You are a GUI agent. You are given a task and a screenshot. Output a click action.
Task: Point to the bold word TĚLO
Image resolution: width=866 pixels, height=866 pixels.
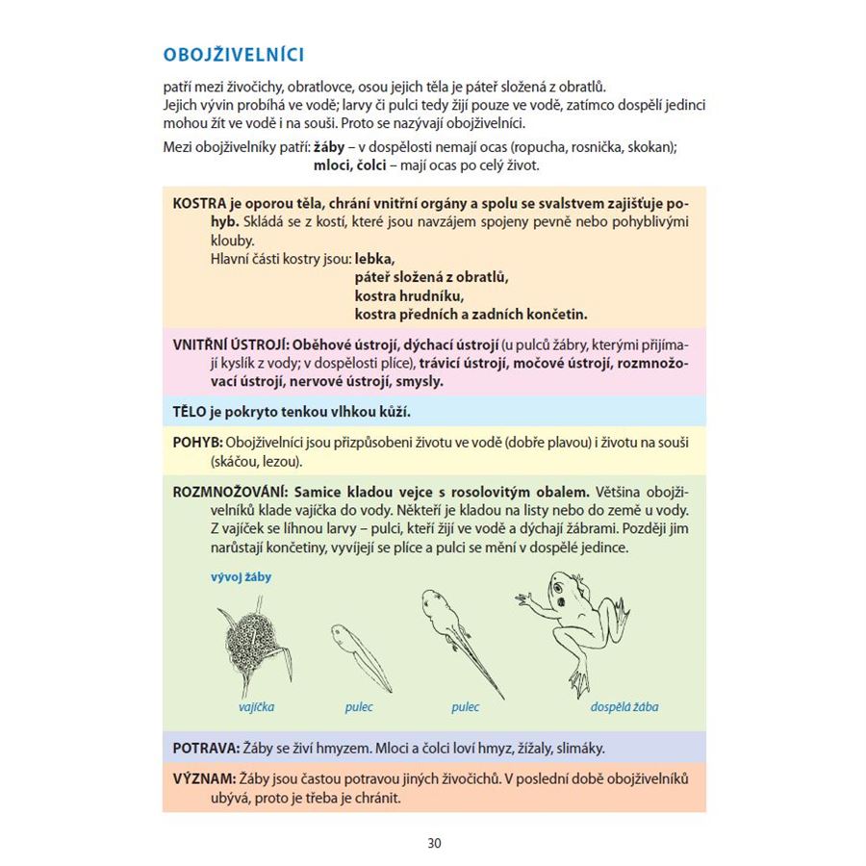(190, 412)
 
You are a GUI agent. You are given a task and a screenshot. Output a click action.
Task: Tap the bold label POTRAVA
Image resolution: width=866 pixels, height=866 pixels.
(206, 748)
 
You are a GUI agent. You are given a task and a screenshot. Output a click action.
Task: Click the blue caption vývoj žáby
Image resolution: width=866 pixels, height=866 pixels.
(240, 577)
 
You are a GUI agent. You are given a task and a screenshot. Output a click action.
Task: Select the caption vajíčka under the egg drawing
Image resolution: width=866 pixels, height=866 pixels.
(256, 707)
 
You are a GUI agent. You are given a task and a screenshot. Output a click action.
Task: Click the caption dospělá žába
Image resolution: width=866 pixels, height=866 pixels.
(624, 707)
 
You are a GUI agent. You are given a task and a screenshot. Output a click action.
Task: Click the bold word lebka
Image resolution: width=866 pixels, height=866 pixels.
(374, 259)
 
